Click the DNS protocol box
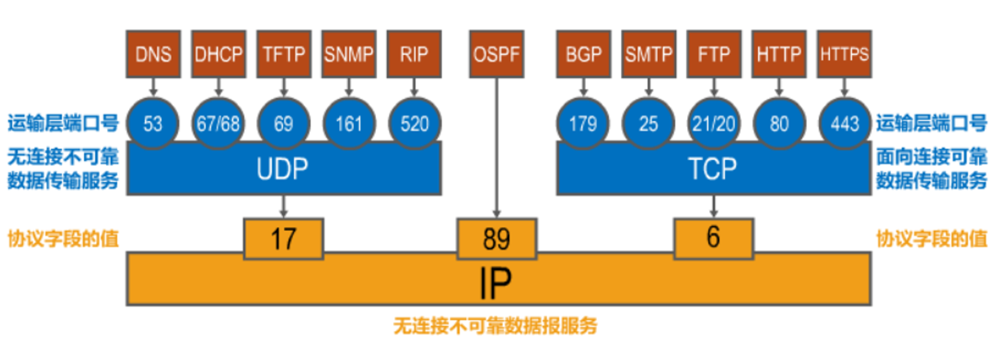coord(153,54)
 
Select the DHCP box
coord(218,54)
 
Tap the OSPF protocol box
coord(496,54)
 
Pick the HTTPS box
coord(844,54)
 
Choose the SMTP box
coord(649,54)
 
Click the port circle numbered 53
coord(153,124)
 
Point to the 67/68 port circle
coord(218,124)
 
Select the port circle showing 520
coord(414,124)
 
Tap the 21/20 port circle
coord(714,124)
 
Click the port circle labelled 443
coord(844,124)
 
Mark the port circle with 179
coord(583,124)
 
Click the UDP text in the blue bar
coord(283,169)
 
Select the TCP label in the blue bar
coord(713,169)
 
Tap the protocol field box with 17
coord(283,239)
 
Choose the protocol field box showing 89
coord(497,239)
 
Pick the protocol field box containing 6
coord(714,237)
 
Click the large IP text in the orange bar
coord(495,283)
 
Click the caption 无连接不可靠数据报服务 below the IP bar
coord(495,326)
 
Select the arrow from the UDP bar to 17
coord(283,206)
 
